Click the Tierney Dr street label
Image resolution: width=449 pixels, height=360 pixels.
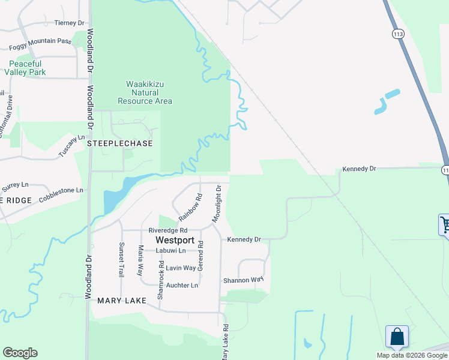tap(70, 23)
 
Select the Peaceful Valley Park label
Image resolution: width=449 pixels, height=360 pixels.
tap(25, 68)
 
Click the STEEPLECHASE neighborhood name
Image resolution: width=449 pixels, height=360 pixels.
tap(120, 144)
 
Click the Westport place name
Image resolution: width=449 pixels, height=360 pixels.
tap(174, 240)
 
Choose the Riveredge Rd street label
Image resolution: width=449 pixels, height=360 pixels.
tap(168, 230)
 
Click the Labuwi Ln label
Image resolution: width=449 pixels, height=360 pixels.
tap(171, 250)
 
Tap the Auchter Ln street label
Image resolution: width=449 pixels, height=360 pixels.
tap(182, 285)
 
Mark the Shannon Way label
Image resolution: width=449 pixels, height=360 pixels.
tap(243, 280)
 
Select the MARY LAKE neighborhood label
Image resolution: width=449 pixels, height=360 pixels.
tap(122, 300)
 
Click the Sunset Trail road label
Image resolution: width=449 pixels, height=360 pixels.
tap(121, 259)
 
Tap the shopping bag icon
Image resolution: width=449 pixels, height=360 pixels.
tap(397, 337)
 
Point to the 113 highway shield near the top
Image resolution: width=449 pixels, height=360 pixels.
tap(398, 34)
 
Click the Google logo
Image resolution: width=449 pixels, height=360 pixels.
tap(20, 353)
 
